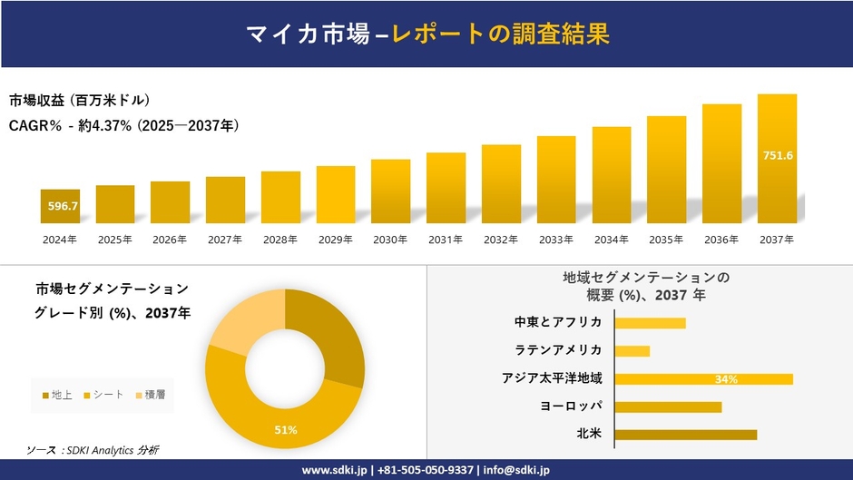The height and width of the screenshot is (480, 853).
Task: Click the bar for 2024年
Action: click(60, 206)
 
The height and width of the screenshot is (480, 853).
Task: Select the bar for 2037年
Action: click(777, 159)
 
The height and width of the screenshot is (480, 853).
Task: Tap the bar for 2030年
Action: click(390, 191)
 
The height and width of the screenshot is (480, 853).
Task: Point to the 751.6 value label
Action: click(778, 155)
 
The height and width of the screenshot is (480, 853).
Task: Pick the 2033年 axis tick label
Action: click(555, 240)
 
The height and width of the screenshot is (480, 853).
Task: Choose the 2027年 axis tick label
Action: click(224, 240)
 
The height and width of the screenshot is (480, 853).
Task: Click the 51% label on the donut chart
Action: click(286, 430)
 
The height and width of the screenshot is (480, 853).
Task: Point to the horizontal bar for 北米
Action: click(685, 435)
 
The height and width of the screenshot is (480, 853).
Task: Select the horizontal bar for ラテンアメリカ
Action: click(632, 350)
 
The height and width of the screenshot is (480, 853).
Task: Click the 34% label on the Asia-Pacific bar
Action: click(726, 379)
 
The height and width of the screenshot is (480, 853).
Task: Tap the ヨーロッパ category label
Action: click(571, 406)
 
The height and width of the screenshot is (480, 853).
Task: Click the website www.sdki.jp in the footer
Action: click(334, 470)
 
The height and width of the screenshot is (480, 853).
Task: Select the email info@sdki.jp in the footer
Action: click(516, 470)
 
